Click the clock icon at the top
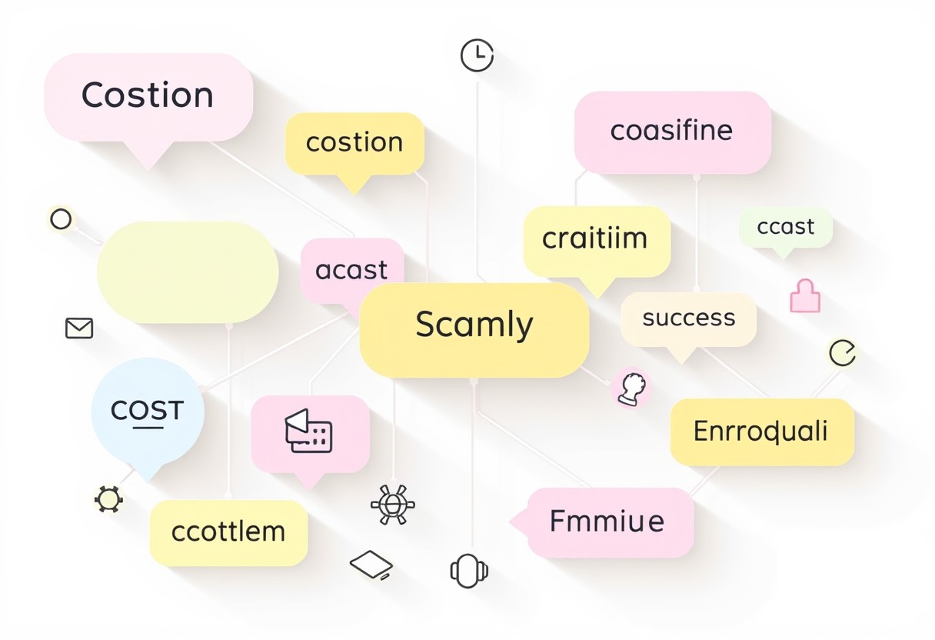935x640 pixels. pyautogui.click(x=477, y=55)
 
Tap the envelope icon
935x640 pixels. pyautogui.click(x=79, y=328)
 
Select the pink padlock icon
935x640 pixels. pyautogui.click(x=805, y=296)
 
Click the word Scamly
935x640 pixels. pyautogui.click(x=474, y=325)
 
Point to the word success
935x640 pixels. pyautogui.click(x=689, y=318)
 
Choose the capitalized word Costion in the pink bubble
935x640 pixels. pyautogui.click(x=148, y=95)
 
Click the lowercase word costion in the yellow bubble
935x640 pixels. pyautogui.click(x=354, y=142)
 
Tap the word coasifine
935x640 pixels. pyautogui.click(x=671, y=130)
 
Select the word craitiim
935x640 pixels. pyautogui.click(x=594, y=238)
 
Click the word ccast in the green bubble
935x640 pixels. pyautogui.click(x=785, y=227)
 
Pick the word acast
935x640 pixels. pyautogui.click(x=351, y=270)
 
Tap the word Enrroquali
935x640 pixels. pyautogui.click(x=760, y=431)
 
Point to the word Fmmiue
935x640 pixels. pyautogui.click(x=607, y=521)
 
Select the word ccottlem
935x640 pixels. pyautogui.click(x=228, y=532)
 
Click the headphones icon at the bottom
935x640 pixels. pyautogui.click(x=469, y=571)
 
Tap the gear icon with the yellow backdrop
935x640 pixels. pyautogui.click(x=108, y=499)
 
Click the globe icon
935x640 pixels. pyautogui.click(x=392, y=505)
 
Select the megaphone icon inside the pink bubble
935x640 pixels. pyautogui.click(x=308, y=431)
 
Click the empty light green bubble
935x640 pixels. pyautogui.click(x=188, y=272)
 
